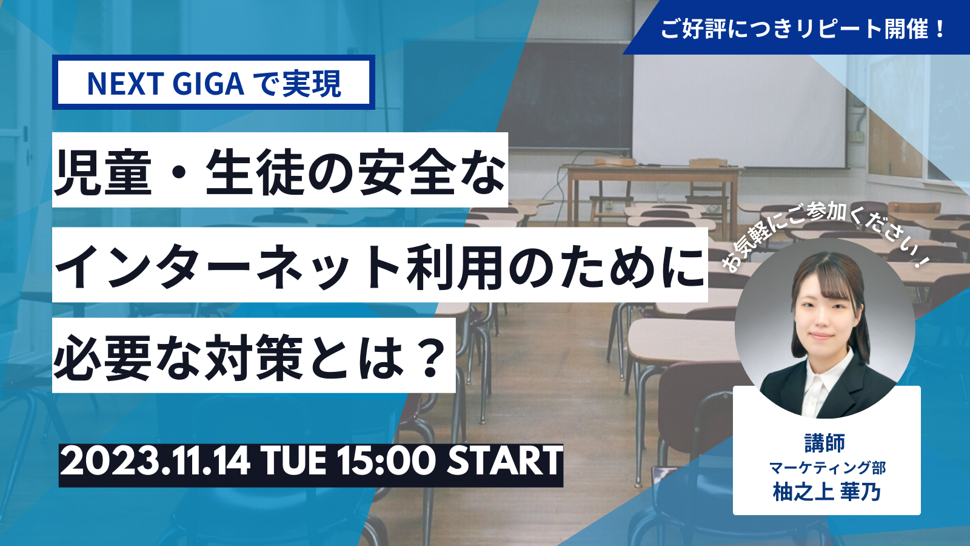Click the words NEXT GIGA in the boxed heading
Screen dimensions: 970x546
tap(166, 83)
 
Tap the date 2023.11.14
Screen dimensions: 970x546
tap(155, 462)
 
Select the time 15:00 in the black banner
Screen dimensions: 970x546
tap(386, 462)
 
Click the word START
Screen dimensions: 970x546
tap(504, 462)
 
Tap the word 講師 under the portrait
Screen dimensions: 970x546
tap(825, 443)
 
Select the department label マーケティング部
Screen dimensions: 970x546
tap(828, 468)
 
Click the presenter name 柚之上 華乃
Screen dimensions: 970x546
tap(827, 492)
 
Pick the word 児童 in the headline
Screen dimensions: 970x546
tap(103, 170)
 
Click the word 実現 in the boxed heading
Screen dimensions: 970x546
tap(312, 83)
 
